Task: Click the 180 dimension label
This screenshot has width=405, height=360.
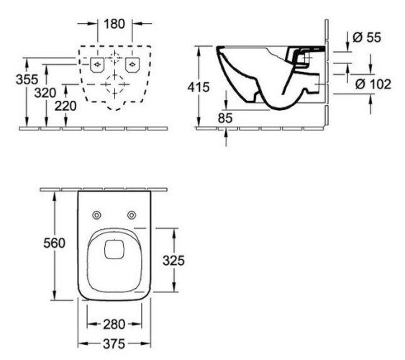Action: point(114,24)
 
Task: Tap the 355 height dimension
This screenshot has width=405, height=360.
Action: point(27,79)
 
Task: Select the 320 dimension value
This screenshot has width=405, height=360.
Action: point(45,93)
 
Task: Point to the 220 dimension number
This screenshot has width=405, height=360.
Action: point(65,106)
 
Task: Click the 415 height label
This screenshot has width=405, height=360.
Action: point(199,87)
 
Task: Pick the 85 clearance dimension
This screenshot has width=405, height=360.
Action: point(225,118)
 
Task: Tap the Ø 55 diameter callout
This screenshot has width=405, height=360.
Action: point(367,37)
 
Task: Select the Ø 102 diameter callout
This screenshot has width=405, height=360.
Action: point(373,84)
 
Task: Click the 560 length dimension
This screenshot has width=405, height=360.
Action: point(54,243)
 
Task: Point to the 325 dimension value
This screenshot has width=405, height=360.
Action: point(173,261)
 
